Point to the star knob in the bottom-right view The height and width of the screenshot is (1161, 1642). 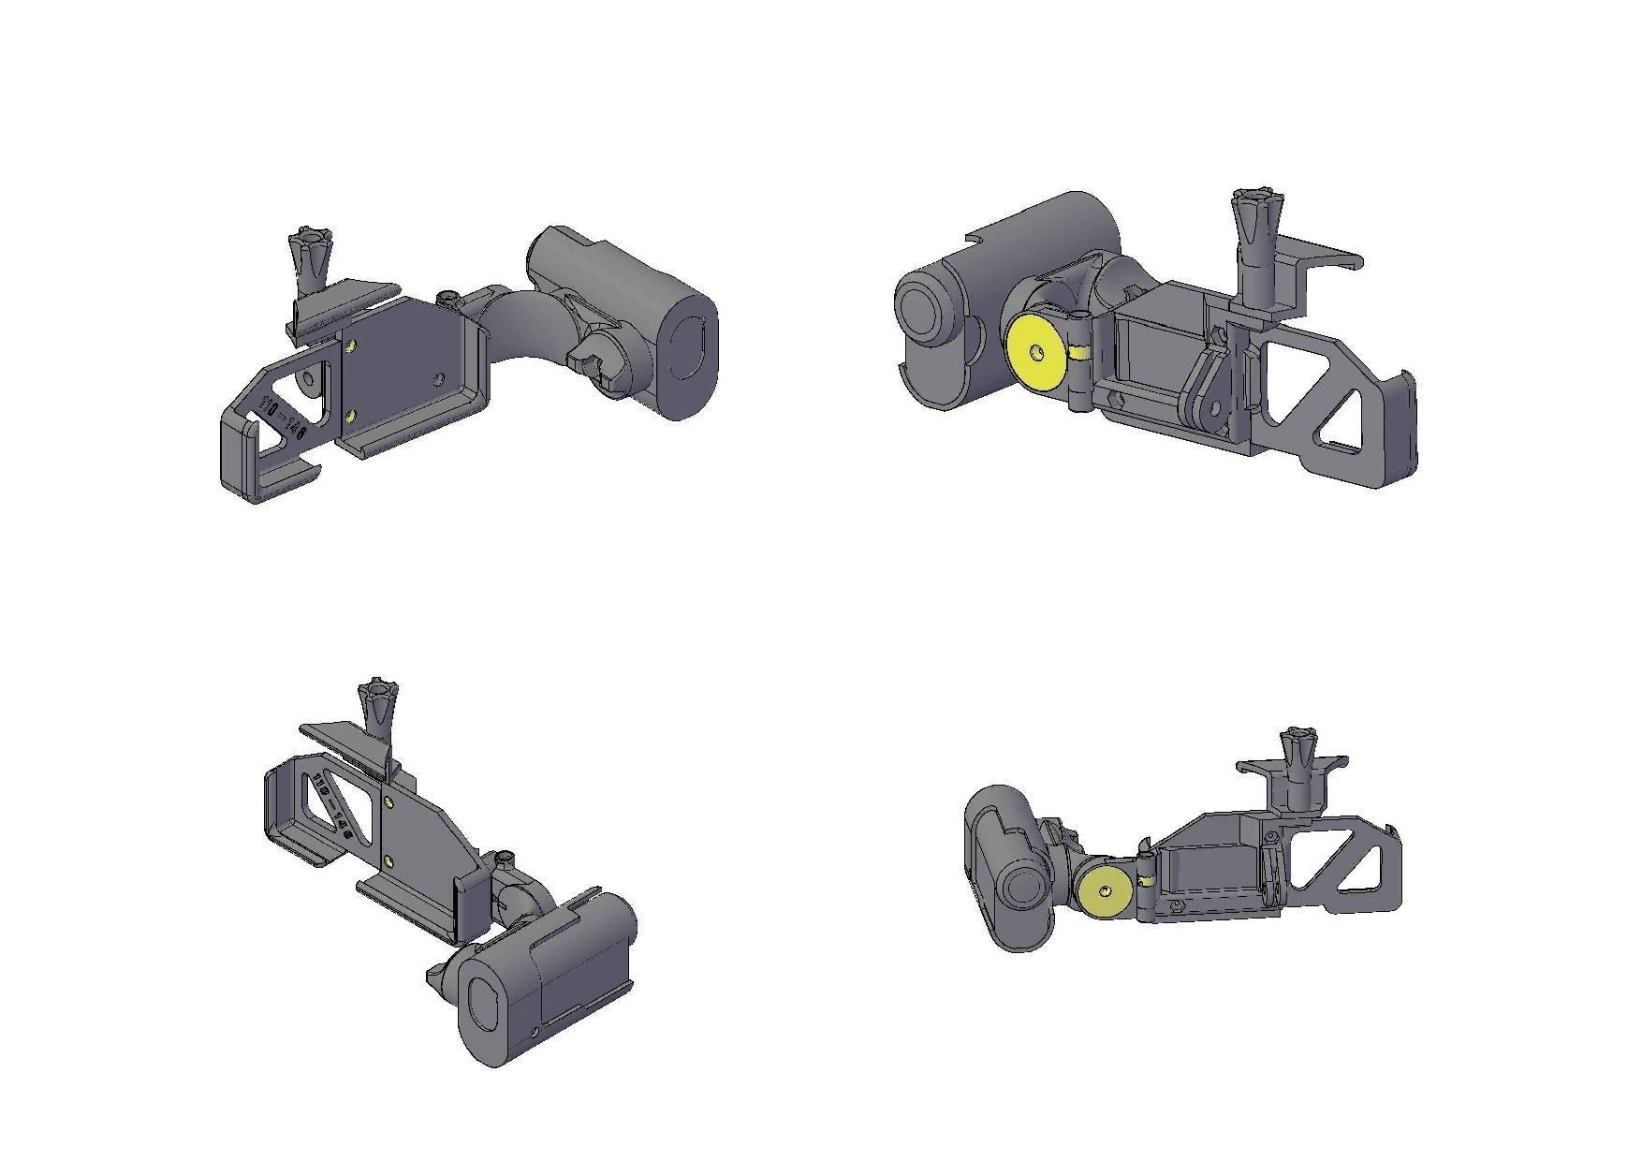(x=1297, y=745)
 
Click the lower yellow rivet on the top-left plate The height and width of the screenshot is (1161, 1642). (x=349, y=415)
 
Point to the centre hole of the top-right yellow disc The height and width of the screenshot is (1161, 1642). (x=1035, y=352)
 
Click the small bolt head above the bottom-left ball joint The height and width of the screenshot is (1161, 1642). (x=506, y=858)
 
